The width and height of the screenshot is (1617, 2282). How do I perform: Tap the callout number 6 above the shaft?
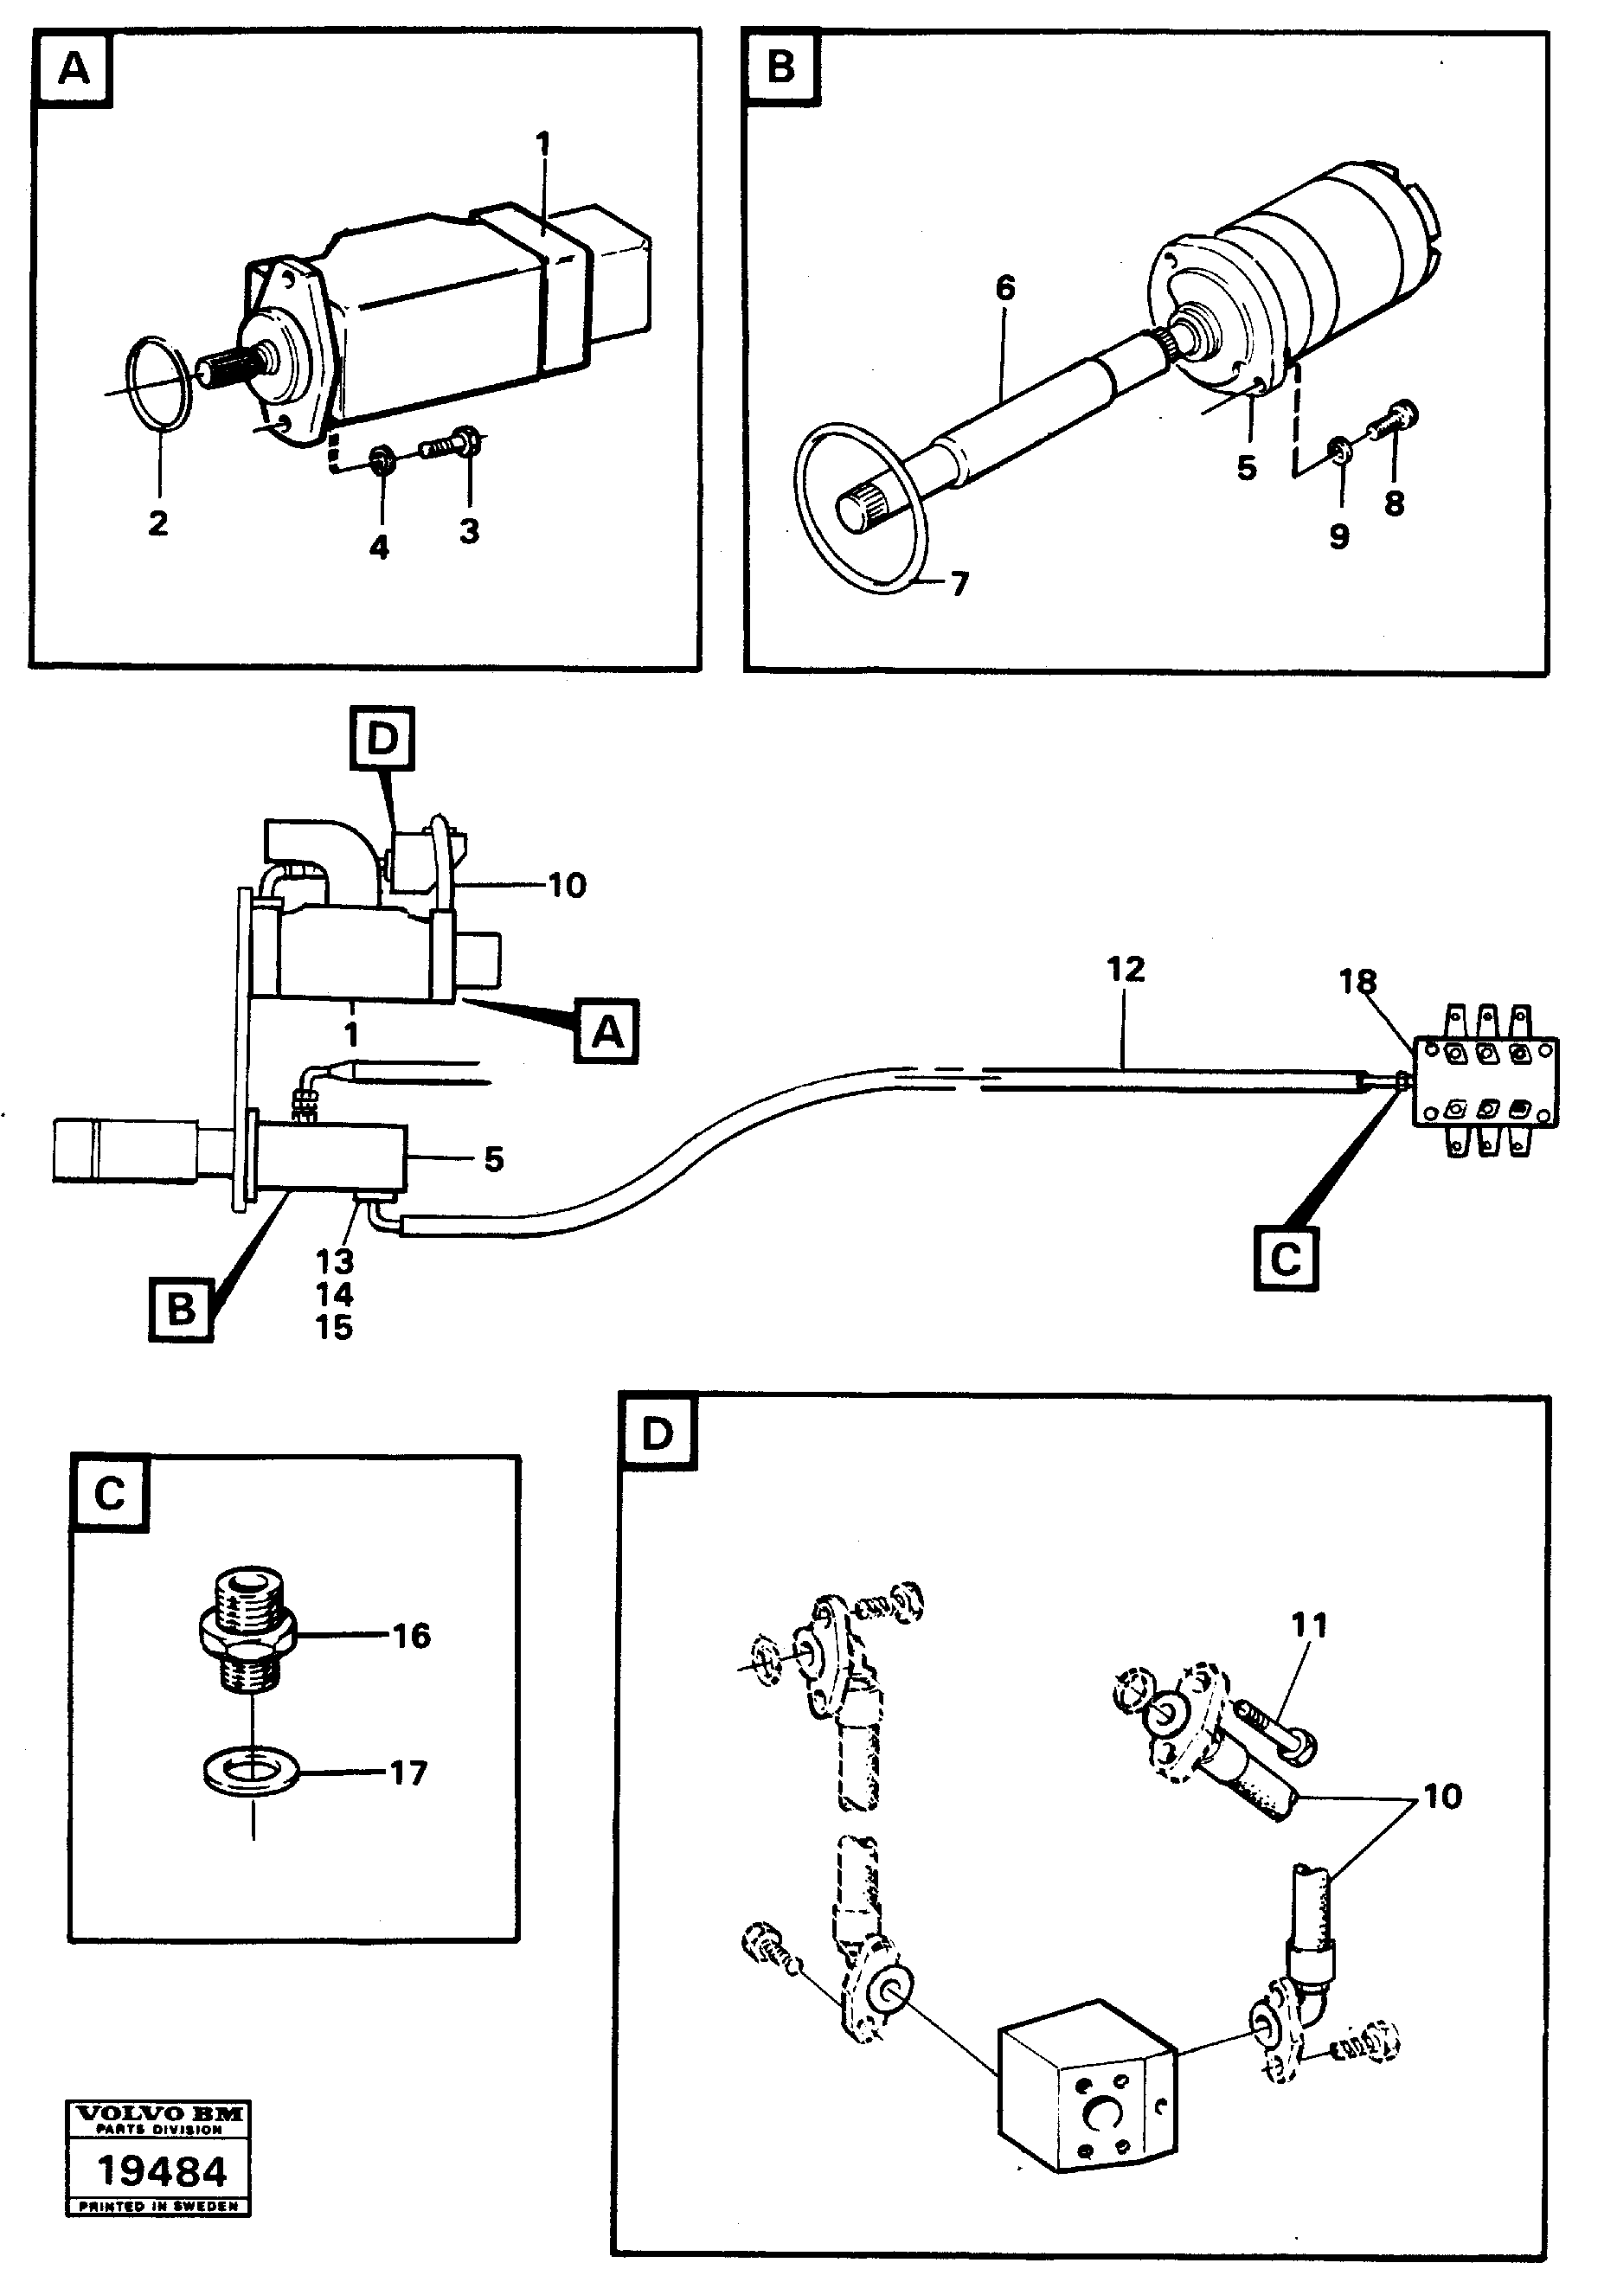[1004, 289]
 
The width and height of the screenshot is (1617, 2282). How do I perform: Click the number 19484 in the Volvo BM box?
[159, 2174]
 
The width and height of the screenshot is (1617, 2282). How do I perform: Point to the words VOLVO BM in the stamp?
[159, 2112]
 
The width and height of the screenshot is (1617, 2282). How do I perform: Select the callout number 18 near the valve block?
[1357, 982]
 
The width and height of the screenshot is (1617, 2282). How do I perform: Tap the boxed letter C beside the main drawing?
[1286, 1260]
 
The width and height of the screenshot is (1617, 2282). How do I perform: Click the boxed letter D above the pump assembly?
[382, 739]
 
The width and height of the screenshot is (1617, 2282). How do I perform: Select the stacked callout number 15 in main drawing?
[335, 1327]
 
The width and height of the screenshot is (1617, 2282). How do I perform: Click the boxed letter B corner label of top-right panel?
[781, 67]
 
